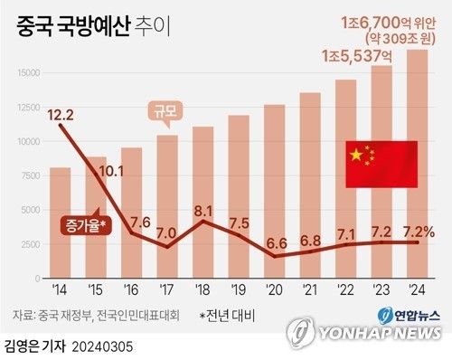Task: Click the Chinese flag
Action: (381, 165)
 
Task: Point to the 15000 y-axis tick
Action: (27, 73)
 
